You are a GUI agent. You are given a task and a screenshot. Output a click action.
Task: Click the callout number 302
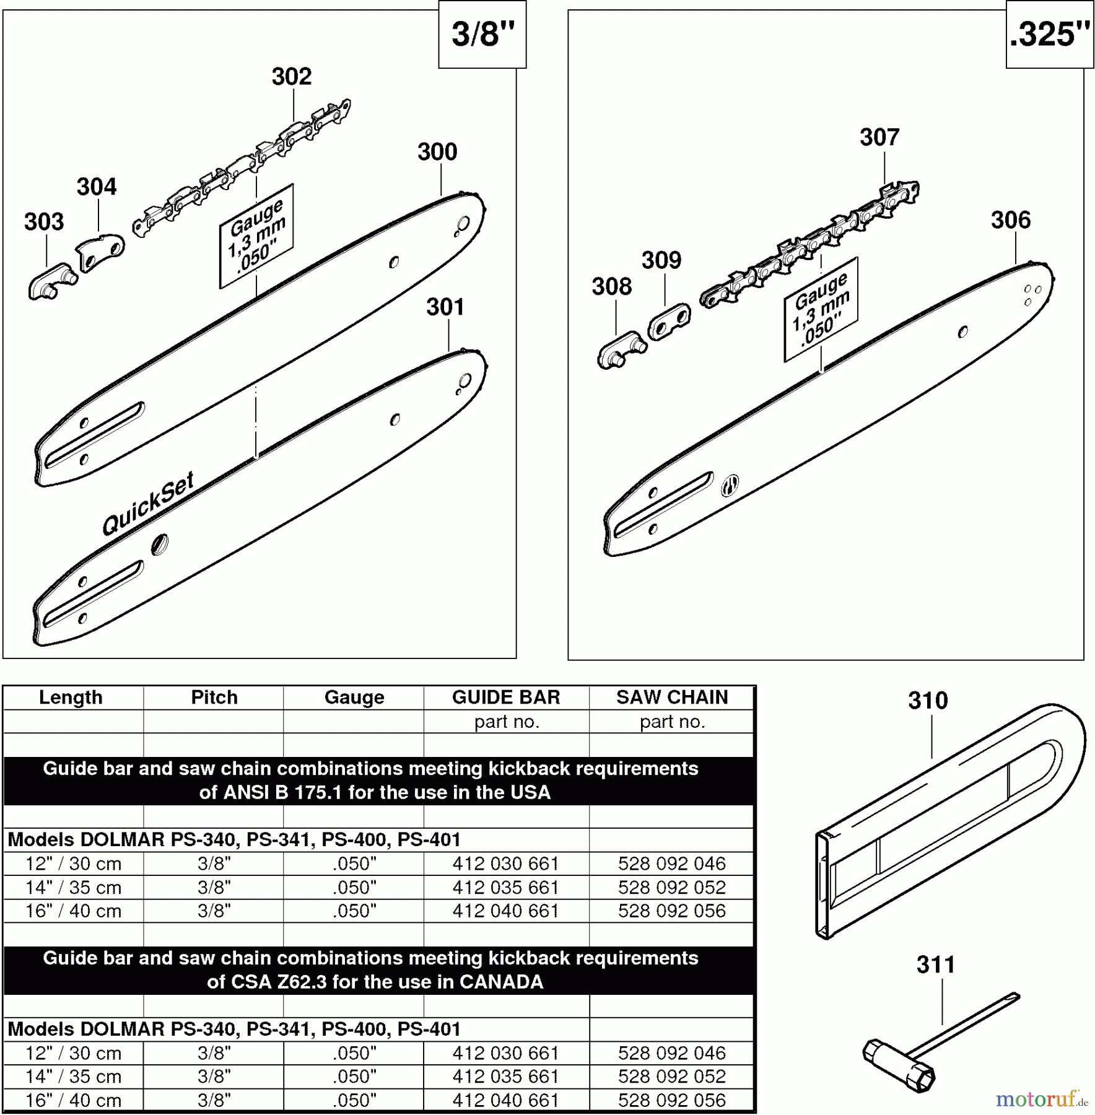[291, 77]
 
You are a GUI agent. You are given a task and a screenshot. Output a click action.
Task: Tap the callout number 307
[879, 137]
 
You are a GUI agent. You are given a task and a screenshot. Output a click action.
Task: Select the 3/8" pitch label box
[482, 34]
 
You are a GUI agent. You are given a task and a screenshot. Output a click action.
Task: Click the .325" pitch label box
[1049, 34]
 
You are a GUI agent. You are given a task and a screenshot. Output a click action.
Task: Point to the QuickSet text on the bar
[148, 503]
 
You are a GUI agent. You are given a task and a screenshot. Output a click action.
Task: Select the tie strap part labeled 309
[668, 321]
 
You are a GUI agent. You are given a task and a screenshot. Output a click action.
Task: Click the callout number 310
[927, 701]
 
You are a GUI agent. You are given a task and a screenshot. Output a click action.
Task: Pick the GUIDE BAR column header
[505, 697]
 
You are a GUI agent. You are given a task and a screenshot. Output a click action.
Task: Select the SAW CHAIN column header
[671, 697]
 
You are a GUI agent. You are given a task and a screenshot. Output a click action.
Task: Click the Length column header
[71, 697]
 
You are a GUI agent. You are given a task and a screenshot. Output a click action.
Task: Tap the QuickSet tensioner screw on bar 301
[160, 544]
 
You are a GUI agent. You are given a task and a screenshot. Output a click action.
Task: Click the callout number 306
[1010, 220]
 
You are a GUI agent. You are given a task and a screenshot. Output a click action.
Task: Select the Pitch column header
[214, 697]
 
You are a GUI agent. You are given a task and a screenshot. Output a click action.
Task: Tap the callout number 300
[437, 152]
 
